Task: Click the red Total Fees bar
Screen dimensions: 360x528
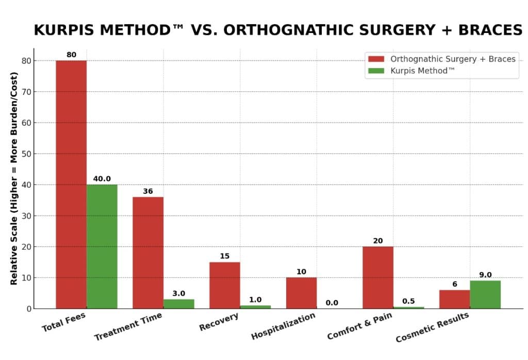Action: click(71, 184)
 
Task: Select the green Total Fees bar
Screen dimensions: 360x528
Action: click(102, 246)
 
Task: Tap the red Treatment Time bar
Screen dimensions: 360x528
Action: click(148, 252)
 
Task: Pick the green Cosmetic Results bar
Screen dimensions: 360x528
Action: click(485, 294)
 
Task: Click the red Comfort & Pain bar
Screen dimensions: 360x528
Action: click(378, 277)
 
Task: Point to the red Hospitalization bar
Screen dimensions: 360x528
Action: click(301, 292)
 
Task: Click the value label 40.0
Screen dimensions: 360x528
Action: click(102, 179)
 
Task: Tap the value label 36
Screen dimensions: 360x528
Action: click(148, 191)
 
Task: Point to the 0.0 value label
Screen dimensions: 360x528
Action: click(332, 303)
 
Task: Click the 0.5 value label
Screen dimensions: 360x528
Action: click(408, 301)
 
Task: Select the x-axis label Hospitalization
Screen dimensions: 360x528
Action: click(283, 326)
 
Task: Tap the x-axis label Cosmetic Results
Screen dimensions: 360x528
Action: click(432, 328)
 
